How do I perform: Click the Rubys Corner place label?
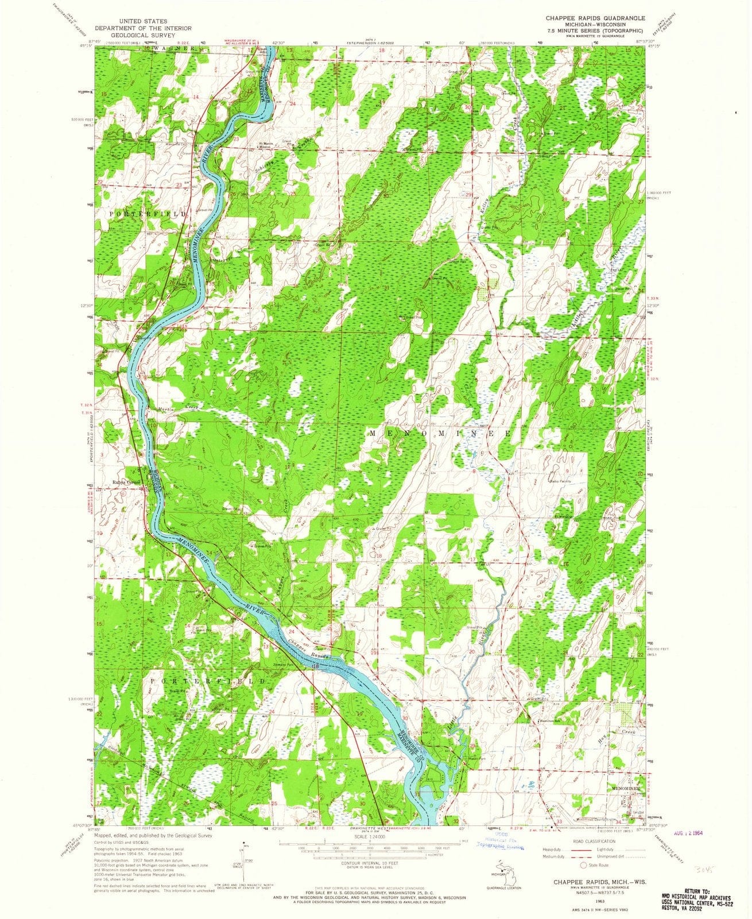pos(126,482)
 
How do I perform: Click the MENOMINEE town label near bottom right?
pos(625,789)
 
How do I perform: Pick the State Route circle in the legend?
pos(584,865)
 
